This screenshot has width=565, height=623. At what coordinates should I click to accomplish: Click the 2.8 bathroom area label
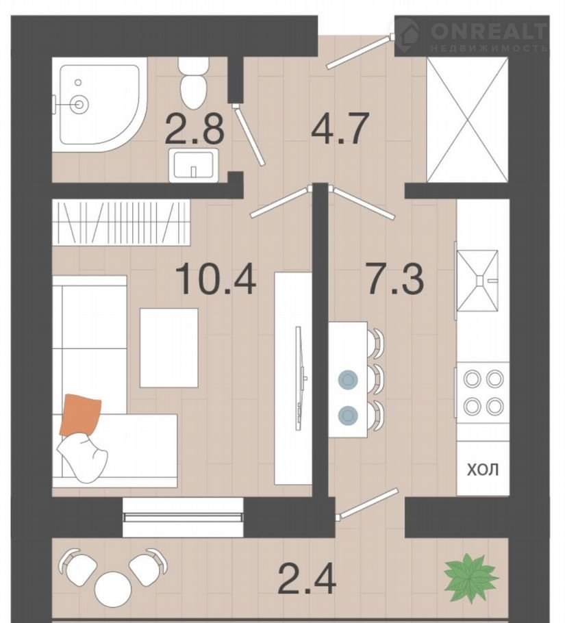[194, 129]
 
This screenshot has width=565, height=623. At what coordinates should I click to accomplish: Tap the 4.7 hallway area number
[340, 129]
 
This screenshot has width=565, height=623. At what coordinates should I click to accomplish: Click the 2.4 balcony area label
[307, 579]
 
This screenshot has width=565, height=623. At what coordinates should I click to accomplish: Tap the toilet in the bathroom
[194, 83]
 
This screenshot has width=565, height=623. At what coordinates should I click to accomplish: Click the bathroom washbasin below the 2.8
[194, 165]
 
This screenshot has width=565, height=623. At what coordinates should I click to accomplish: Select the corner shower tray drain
[79, 104]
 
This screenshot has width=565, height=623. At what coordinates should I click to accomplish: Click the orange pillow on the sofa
[80, 415]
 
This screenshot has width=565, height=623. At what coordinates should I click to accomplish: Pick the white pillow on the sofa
[82, 458]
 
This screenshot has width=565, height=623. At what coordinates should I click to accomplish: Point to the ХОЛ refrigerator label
[483, 470]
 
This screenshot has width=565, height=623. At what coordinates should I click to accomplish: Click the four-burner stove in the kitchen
[483, 392]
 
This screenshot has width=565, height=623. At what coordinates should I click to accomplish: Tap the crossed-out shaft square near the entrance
[467, 120]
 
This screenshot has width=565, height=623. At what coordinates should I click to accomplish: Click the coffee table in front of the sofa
[169, 348]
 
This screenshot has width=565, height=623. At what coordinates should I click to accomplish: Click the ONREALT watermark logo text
[489, 31]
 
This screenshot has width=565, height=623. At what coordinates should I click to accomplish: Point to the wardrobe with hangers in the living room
[121, 222]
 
